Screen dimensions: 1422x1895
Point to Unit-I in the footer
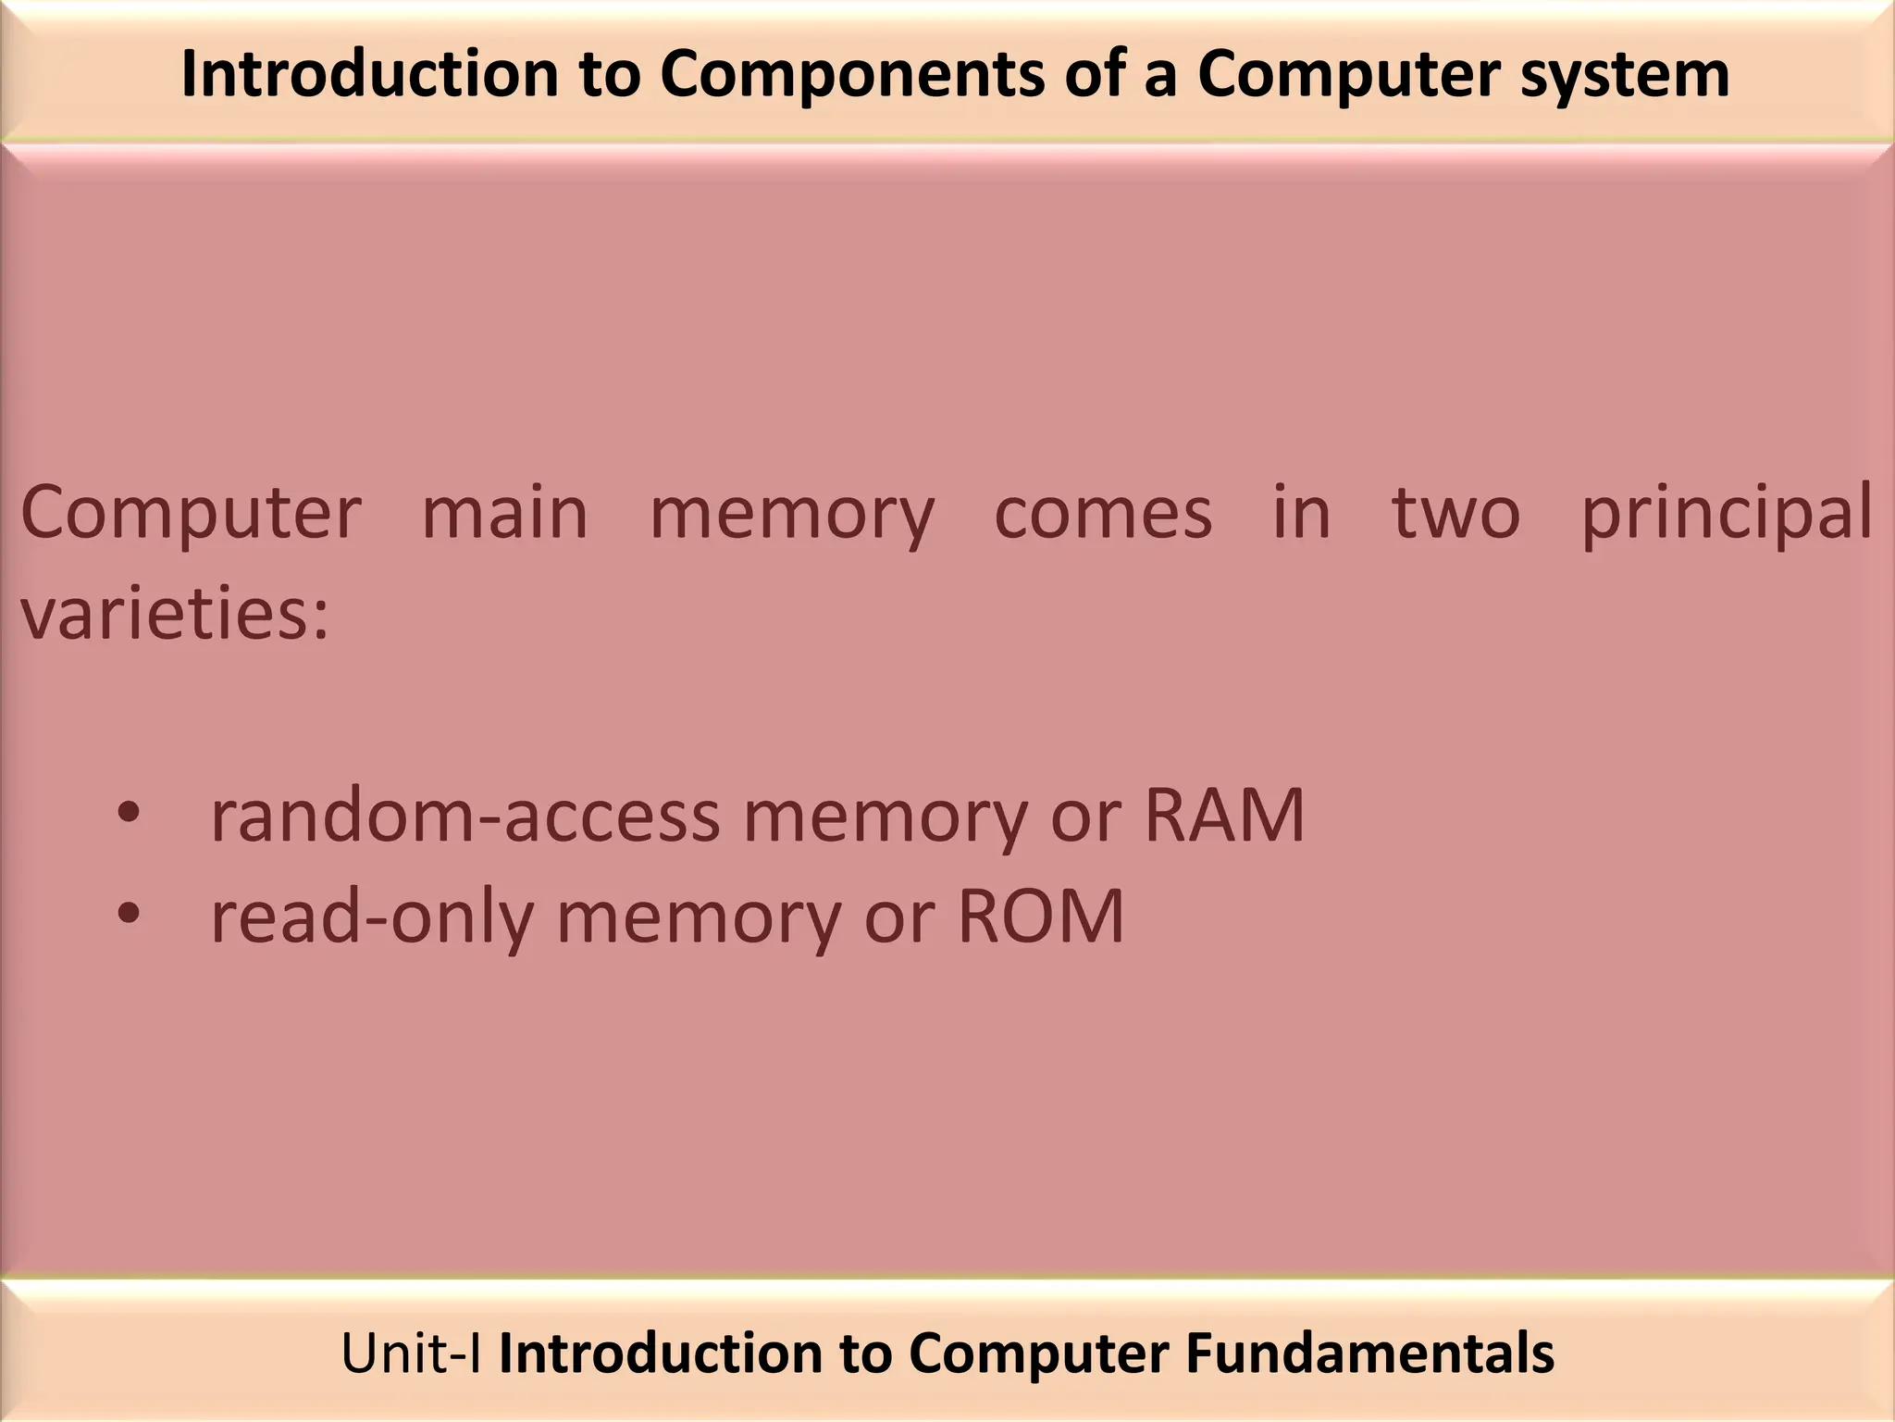point(411,1353)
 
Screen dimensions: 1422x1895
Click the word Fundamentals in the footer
point(1369,1353)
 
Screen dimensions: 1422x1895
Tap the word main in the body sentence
point(505,513)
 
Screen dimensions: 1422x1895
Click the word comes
point(1103,513)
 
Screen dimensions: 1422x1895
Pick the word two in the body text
point(1455,513)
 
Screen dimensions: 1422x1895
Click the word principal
point(1727,513)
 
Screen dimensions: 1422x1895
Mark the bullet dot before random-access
point(129,813)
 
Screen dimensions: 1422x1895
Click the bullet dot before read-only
point(129,914)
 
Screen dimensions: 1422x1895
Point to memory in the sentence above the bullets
point(792,513)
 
